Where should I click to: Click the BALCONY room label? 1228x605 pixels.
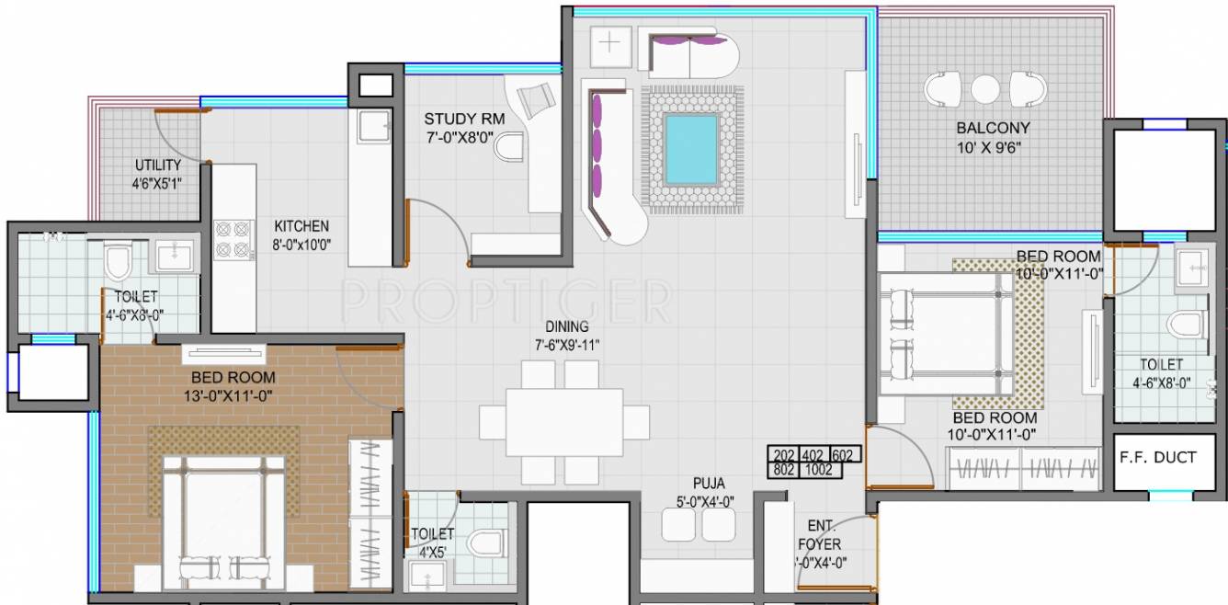coord(993,128)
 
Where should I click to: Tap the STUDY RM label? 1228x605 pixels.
coord(464,120)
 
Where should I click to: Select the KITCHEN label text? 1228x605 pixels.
coord(301,226)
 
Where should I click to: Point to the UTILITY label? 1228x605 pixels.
coord(158,165)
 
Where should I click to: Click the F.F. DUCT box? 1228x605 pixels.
coord(1156,457)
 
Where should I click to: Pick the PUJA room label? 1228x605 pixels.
coord(709,482)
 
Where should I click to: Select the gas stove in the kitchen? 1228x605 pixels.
coord(233,239)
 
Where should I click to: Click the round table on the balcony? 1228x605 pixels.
coord(985,90)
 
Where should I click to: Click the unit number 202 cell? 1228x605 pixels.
coord(784,455)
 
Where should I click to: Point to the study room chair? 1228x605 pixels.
coord(509,146)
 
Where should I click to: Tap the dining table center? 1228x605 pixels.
coord(564,422)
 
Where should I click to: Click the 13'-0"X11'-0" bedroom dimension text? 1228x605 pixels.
coord(229,395)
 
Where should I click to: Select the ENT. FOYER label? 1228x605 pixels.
coord(820,535)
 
